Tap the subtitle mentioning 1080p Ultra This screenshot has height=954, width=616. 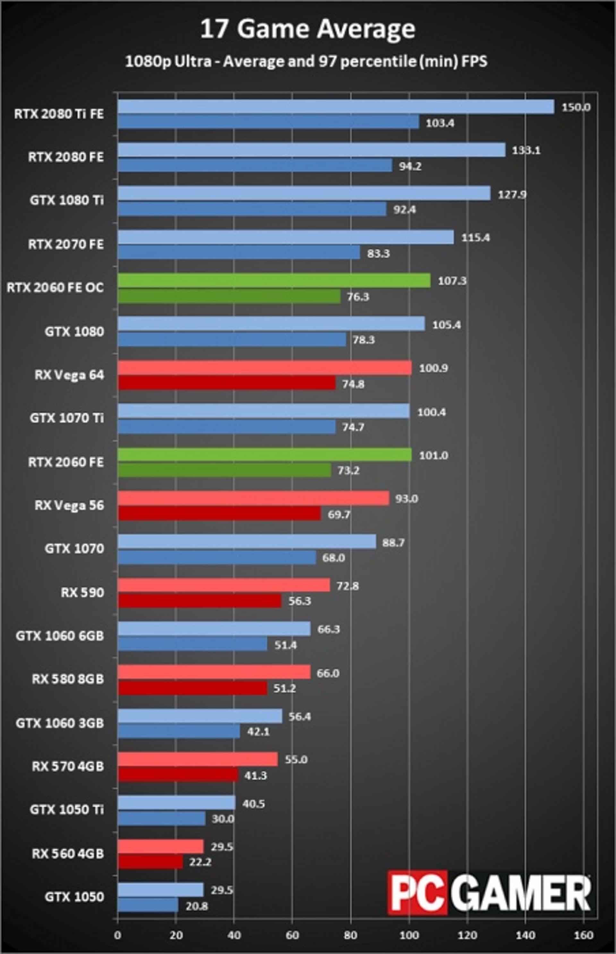pos(306,61)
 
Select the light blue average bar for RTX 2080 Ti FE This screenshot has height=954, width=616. pos(336,107)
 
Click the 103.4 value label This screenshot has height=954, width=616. pos(440,123)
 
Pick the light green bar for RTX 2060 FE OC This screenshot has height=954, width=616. pos(274,280)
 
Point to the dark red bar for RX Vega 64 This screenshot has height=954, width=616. pos(227,383)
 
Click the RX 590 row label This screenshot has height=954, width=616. pos(82,592)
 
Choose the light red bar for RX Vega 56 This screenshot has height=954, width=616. pos(253,498)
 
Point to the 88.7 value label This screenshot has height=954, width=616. pos(393,542)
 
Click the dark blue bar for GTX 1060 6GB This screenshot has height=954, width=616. pos(193,644)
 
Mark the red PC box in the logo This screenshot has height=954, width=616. pos(417,893)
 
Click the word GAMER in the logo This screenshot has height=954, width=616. pos(519,893)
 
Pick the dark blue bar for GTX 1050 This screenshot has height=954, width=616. pos(148,905)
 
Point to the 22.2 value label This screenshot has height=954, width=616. pos(200,862)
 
